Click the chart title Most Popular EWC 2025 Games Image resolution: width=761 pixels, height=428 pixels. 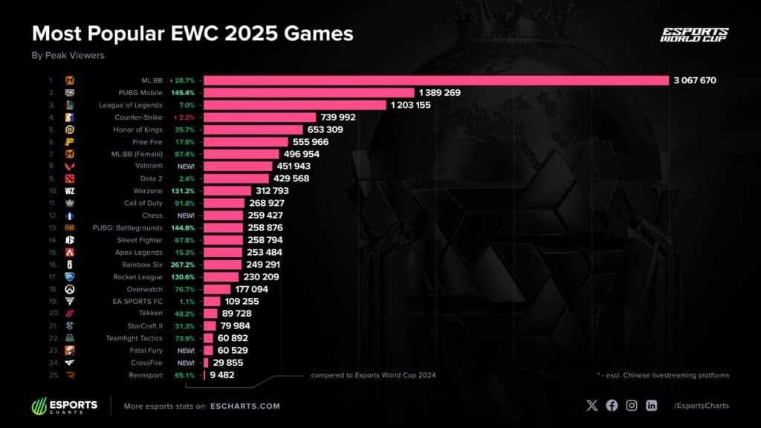(x=192, y=33)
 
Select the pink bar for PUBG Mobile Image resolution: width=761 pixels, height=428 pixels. (x=308, y=93)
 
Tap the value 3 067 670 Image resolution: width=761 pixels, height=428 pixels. (x=695, y=80)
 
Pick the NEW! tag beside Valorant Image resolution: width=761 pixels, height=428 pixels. (x=186, y=166)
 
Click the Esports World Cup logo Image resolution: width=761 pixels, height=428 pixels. (x=694, y=35)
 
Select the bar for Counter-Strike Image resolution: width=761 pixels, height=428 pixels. (x=259, y=117)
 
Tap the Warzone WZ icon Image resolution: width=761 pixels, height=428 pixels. (x=69, y=191)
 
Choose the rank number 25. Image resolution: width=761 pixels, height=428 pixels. (x=50, y=374)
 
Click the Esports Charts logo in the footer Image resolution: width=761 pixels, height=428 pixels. (x=65, y=406)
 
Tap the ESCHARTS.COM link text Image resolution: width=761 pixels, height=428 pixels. (x=245, y=406)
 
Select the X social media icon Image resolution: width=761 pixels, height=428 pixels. (x=592, y=406)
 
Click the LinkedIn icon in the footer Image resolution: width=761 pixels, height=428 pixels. (x=652, y=406)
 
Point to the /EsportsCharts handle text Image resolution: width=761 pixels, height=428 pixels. (x=702, y=406)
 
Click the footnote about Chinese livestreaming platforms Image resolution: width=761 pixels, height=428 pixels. (x=662, y=375)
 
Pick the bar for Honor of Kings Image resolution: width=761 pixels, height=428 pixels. (x=253, y=129)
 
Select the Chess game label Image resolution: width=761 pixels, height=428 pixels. (x=152, y=215)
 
